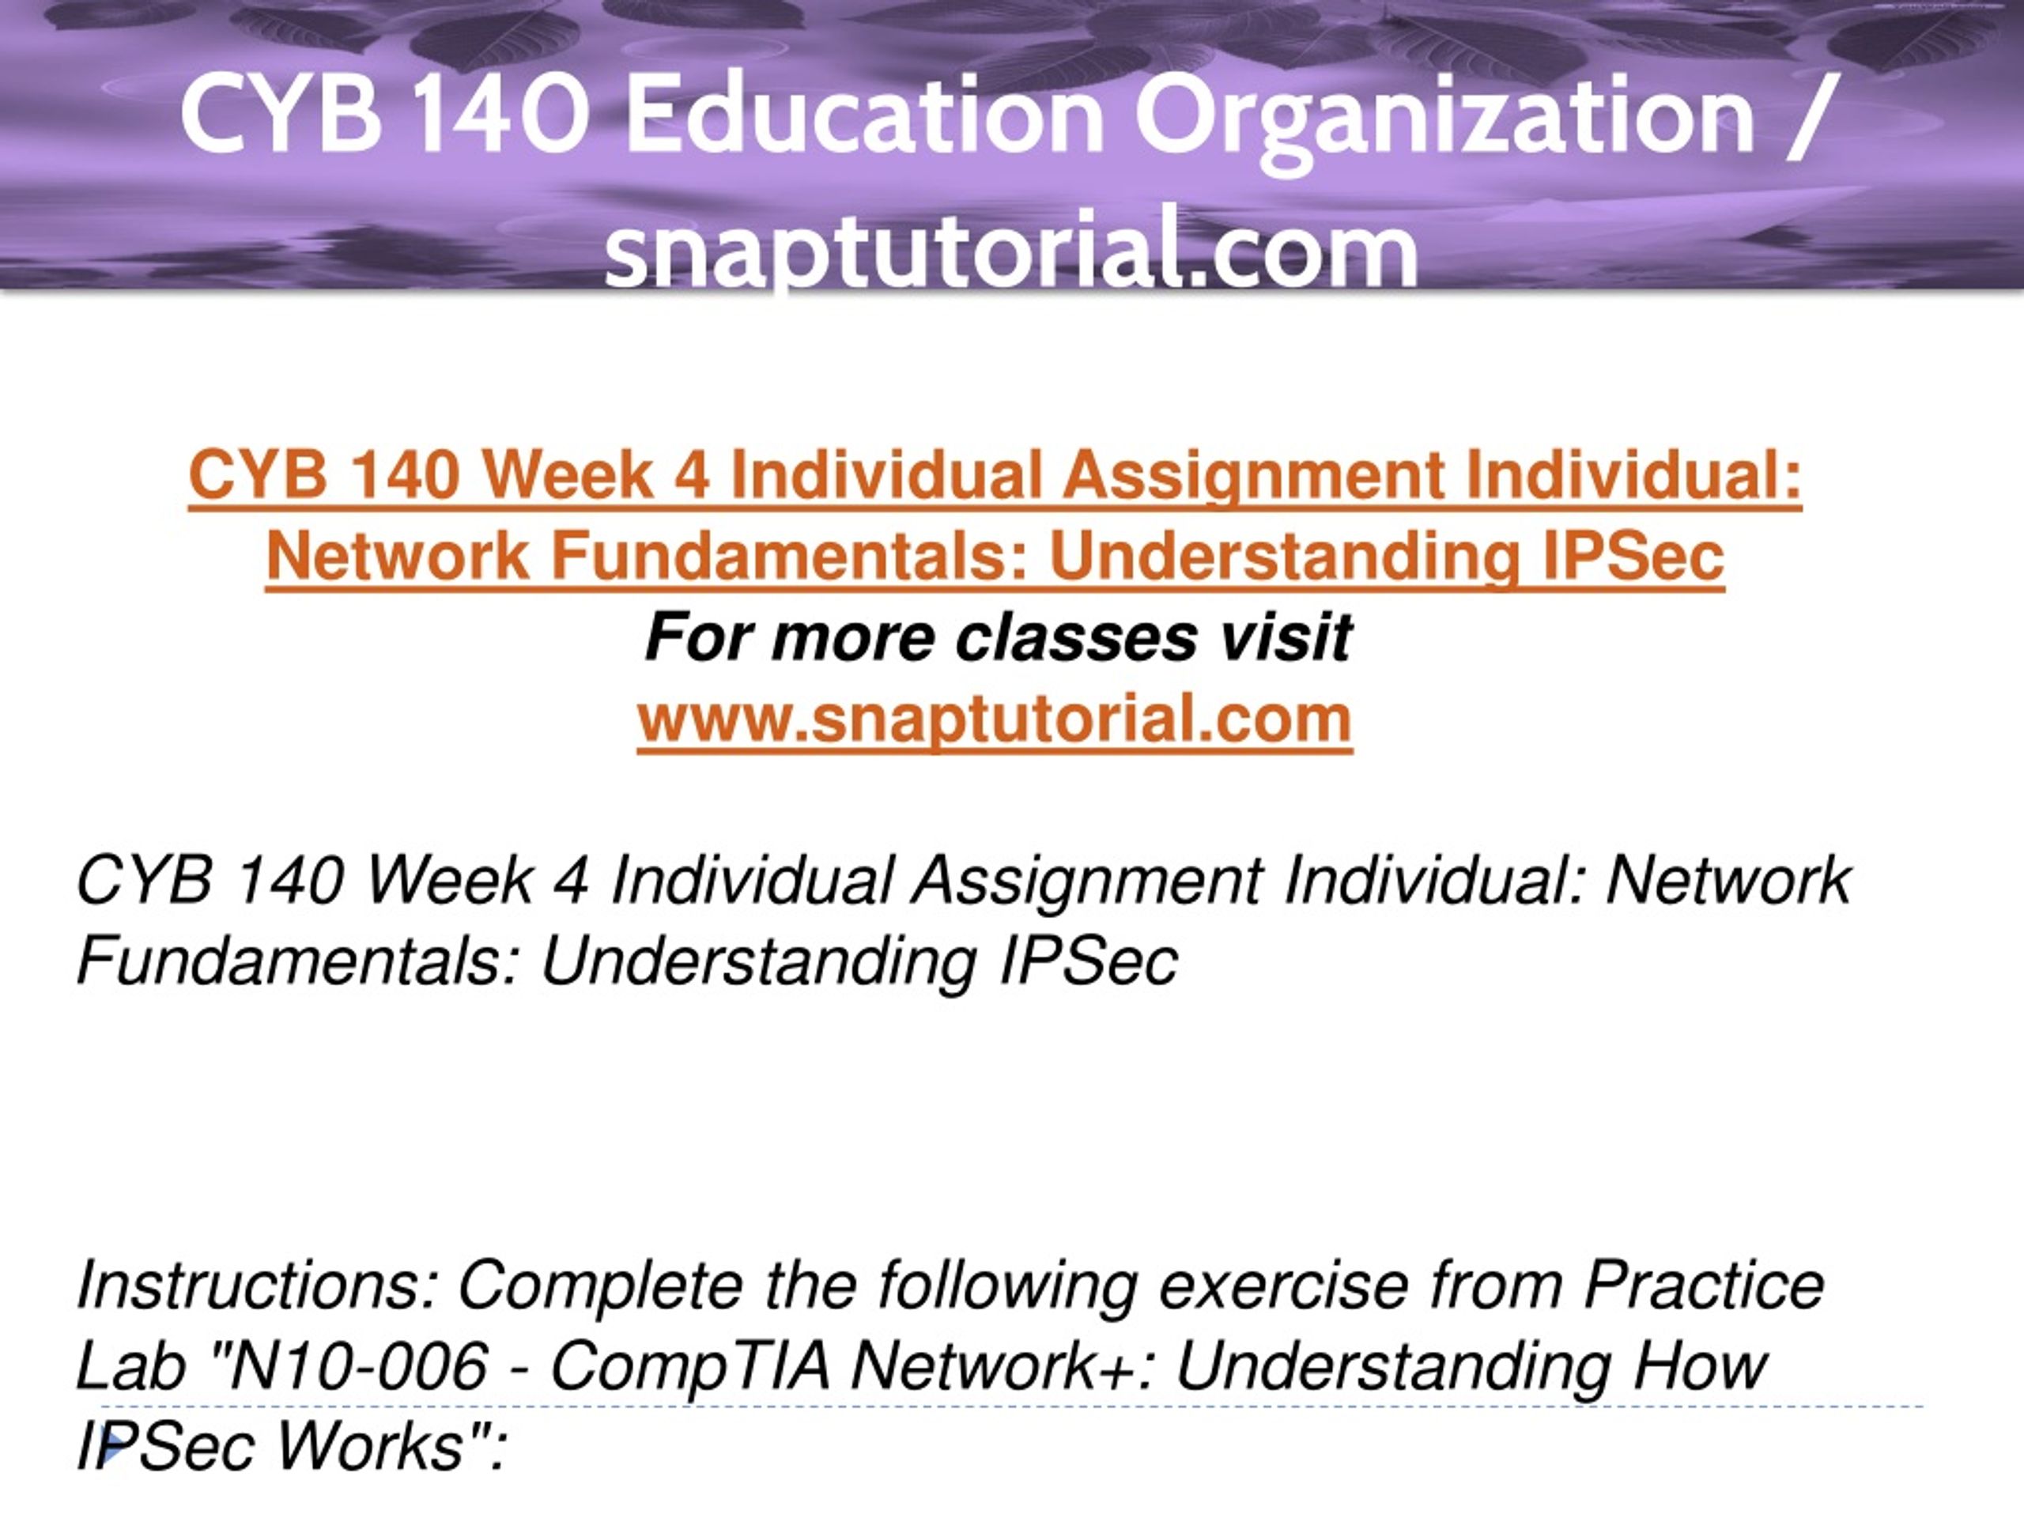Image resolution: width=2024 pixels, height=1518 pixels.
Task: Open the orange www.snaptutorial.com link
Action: pyautogui.click(x=995, y=719)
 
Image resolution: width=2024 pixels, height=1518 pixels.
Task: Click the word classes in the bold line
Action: pyautogui.click(x=1076, y=638)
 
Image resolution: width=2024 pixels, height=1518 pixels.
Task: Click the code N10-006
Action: pyautogui.click(x=360, y=1366)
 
